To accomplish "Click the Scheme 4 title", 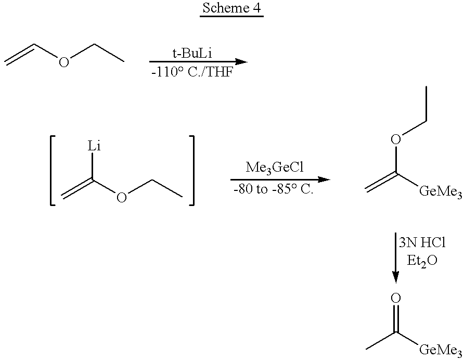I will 231,9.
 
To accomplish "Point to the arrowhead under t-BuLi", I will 240,62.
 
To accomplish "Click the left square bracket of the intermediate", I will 54,171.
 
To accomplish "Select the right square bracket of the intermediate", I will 191,171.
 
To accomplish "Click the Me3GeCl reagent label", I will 278,169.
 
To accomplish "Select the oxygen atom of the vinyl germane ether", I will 396,139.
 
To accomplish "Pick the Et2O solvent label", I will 422,262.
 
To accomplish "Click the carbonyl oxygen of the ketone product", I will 396,298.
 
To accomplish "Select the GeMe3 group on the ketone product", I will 440,349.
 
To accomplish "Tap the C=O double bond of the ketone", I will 396,317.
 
